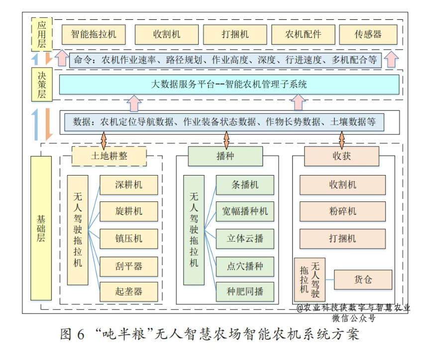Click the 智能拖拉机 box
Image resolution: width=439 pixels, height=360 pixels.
click(x=94, y=35)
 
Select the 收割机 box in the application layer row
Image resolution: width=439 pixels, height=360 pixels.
click(x=167, y=35)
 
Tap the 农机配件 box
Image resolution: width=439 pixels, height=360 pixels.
click(x=303, y=35)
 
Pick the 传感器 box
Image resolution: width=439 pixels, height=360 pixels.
click(x=368, y=35)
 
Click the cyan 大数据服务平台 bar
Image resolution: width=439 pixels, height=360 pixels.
click(x=229, y=84)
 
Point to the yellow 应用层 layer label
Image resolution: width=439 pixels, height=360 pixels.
click(x=41, y=34)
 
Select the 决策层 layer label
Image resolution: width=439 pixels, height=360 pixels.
click(x=41, y=84)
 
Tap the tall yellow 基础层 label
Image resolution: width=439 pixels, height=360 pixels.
click(x=41, y=228)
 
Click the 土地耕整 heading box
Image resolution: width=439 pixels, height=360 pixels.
click(x=109, y=156)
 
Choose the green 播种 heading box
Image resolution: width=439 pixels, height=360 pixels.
click(x=225, y=156)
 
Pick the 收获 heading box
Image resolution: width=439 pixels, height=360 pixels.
click(x=342, y=156)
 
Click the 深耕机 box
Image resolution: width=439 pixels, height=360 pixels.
click(x=128, y=185)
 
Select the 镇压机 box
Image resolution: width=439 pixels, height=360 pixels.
click(x=128, y=239)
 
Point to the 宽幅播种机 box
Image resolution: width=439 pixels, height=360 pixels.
click(x=245, y=211)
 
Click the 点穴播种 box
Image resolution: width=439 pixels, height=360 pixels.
click(x=245, y=266)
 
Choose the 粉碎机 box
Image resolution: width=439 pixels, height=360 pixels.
click(x=342, y=211)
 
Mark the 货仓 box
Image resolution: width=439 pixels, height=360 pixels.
click(x=363, y=280)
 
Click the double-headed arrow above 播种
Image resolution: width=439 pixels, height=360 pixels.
click(x=226, y=140)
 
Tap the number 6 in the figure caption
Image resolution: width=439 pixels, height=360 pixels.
click(x=81, y=334)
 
